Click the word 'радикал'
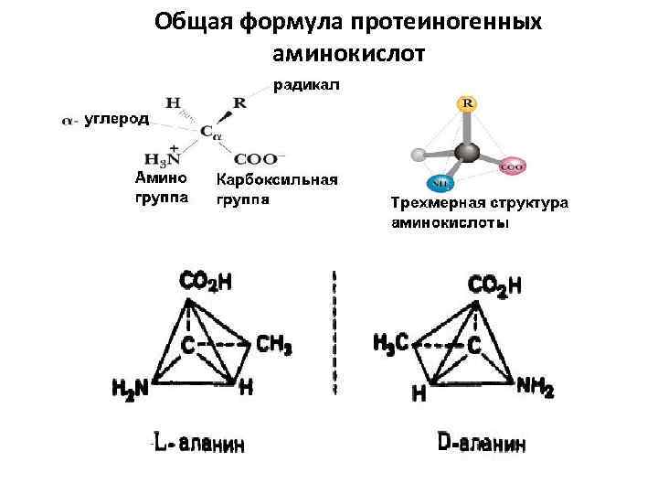[x=305, y=86]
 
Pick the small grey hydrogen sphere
[x=419, y=154]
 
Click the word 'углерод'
[x=119, y=120]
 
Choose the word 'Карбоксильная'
[x=277, y=179]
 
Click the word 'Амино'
[x=161, y=177]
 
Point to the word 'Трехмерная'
[x=433, y=203]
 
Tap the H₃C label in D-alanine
[x=392, y=344]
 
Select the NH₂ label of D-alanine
[x=536, y=388]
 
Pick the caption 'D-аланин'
[x=482, y=446]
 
